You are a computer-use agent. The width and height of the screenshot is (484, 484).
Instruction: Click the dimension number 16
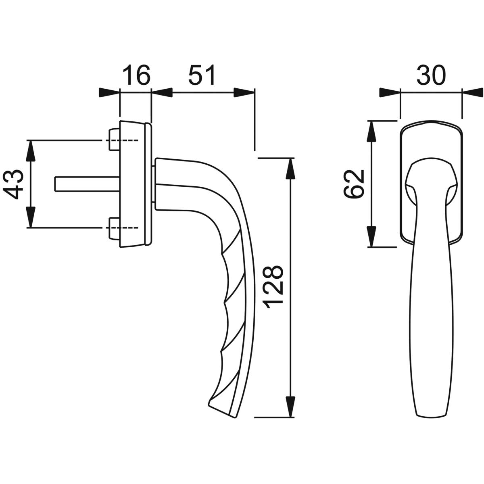pos(136,75)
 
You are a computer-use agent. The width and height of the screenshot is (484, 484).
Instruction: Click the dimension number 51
pos(202,75)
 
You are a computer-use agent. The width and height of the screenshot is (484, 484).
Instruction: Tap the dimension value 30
pos(431,75)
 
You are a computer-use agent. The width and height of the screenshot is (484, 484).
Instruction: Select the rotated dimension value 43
pos(13,184)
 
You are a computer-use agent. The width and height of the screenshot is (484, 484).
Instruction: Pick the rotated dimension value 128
pos(273,287)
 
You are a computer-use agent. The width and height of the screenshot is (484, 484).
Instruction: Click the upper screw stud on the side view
pos(114,140)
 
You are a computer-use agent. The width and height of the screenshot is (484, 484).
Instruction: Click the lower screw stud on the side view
pos(114,227)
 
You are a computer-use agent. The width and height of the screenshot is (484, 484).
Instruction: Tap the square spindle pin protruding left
pos(87,184)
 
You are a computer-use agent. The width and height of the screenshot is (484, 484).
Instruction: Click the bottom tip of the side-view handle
pos(235,410)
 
